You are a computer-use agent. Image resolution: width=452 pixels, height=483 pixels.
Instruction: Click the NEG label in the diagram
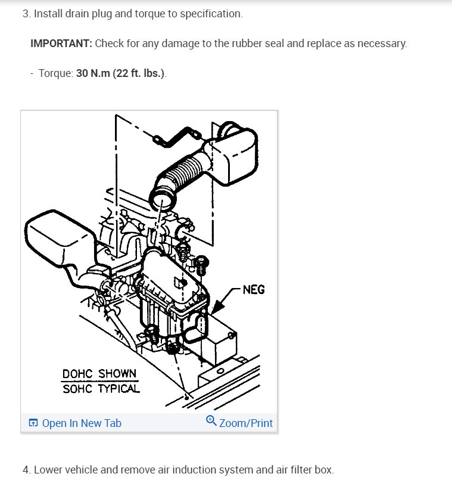tap(254, 290)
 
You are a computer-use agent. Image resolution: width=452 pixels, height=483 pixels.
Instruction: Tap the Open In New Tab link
tap(82, 423)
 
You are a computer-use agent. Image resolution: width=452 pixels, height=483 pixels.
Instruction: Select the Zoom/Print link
tap(245, 423)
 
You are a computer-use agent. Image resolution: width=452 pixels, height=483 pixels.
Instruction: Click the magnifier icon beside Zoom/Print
tap(211, 422)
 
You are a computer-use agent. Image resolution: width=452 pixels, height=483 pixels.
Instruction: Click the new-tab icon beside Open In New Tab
tap(33, 423)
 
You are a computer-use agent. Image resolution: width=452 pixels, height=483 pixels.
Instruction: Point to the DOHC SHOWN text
tap(99, 374)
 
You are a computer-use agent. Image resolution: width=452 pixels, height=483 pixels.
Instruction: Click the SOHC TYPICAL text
tap(101, 389)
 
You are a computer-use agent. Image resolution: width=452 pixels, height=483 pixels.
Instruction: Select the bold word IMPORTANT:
tap(61, 44)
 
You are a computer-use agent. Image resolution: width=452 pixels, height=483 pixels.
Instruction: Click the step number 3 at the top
tap(26, 14)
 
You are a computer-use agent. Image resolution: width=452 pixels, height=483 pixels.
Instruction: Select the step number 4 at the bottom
tap(26, 470)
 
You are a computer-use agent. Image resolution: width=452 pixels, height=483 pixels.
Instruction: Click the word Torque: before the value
tap(56, 73)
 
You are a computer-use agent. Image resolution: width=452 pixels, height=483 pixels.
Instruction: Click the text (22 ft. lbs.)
tap(139, 73)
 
